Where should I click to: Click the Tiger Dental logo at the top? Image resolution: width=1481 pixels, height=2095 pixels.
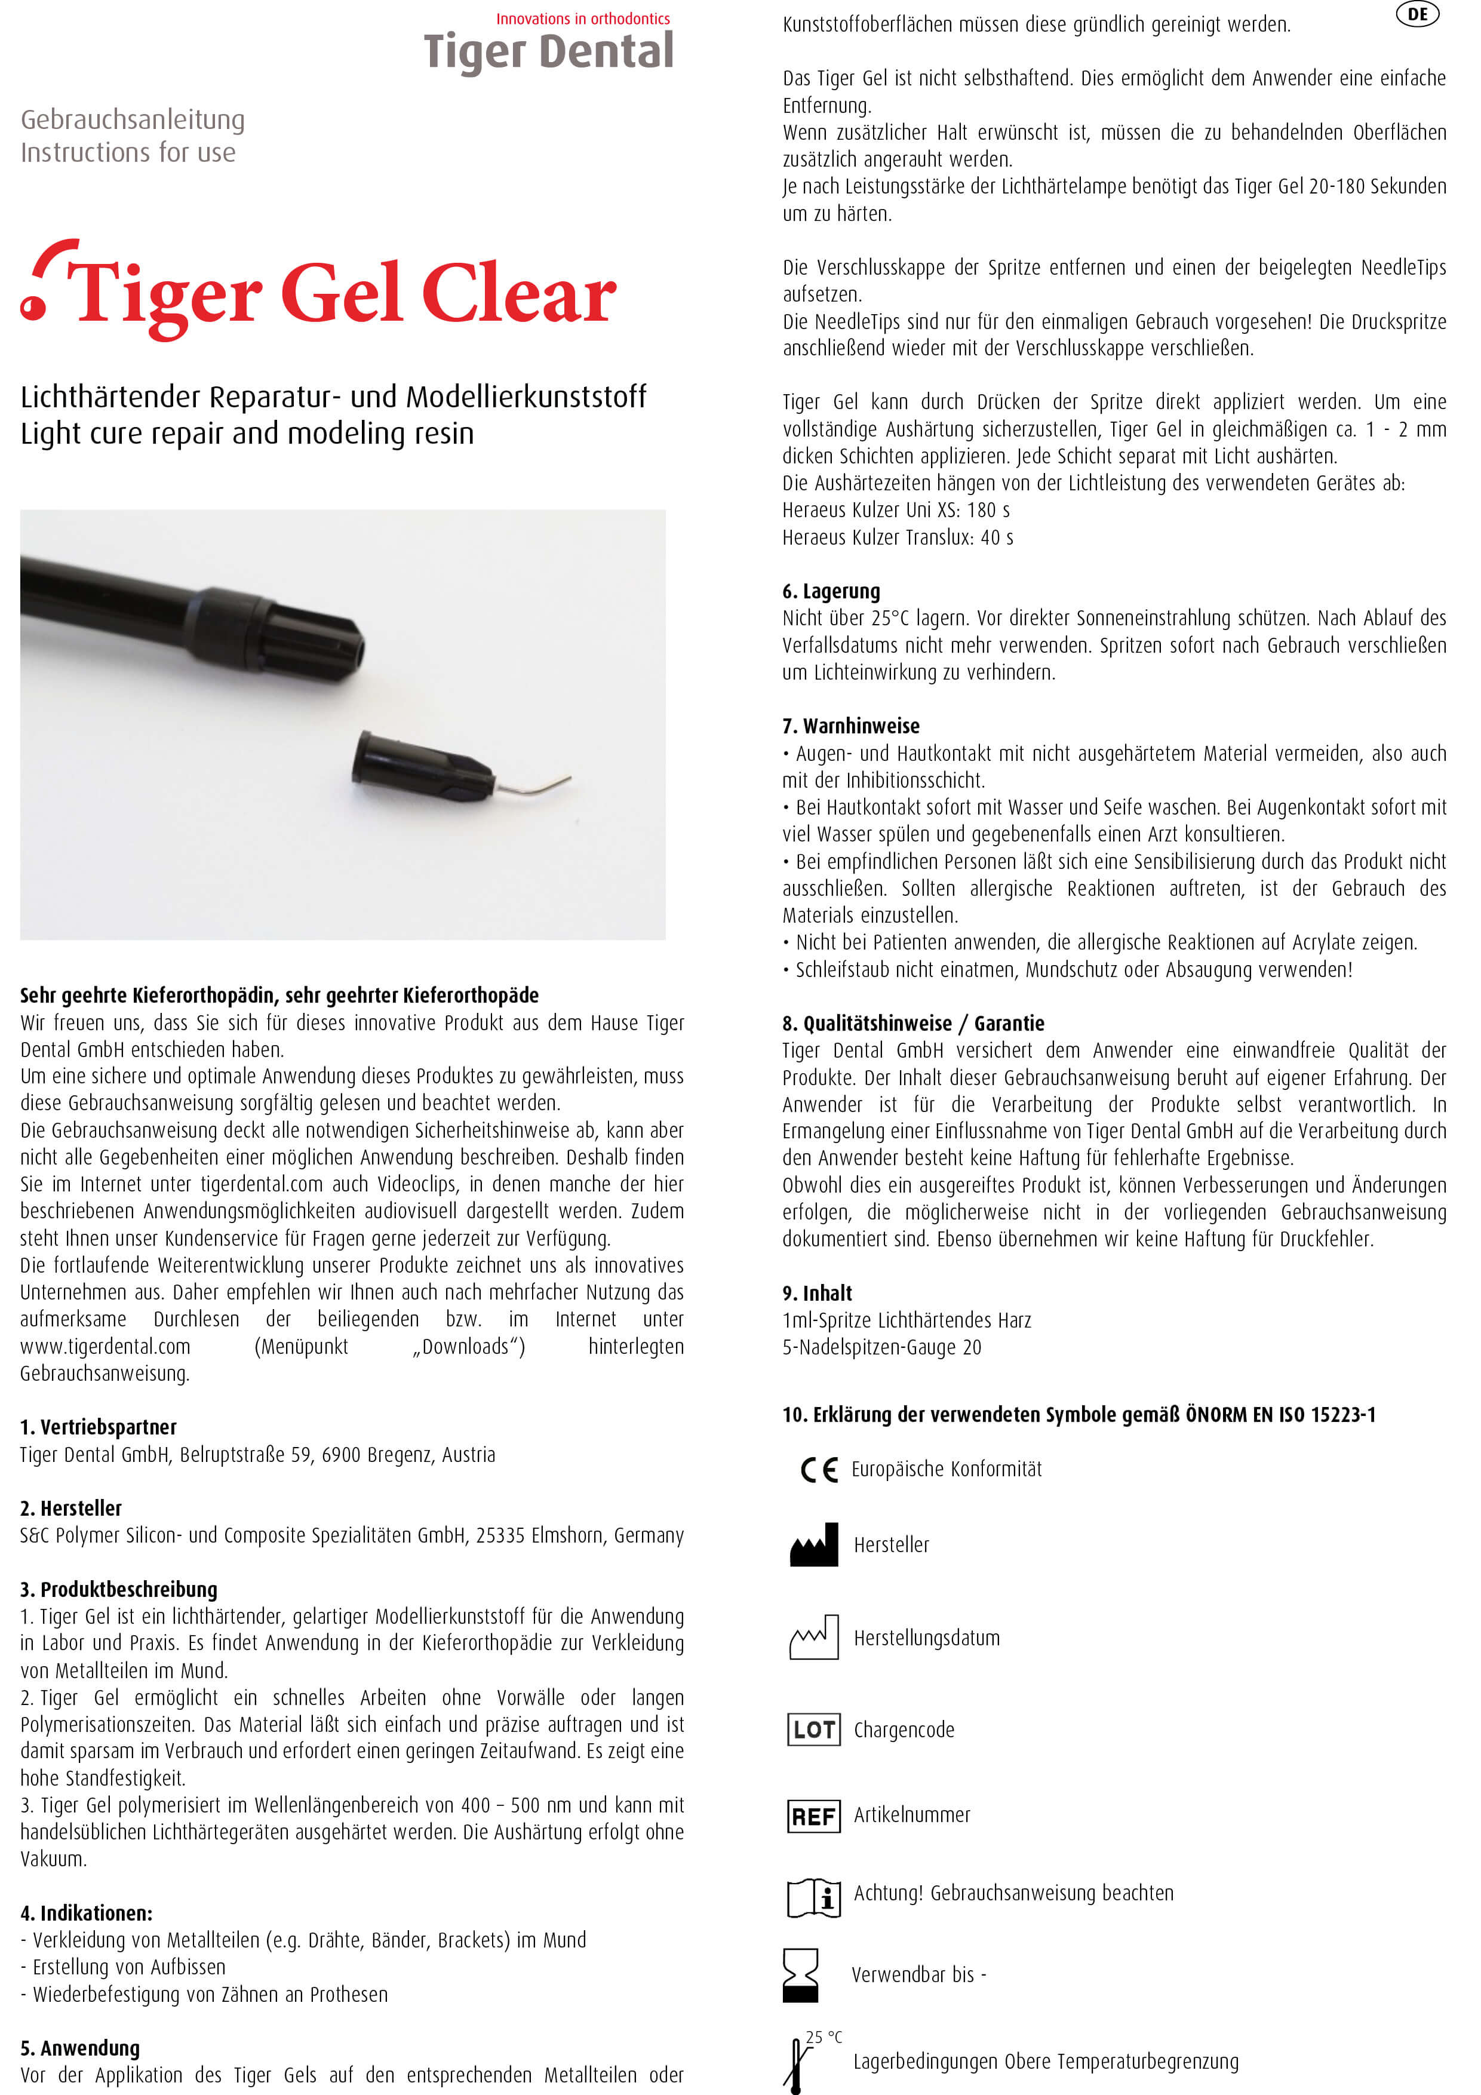tap(548, 51)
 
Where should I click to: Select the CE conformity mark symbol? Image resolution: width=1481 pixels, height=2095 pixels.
tap(819, 1470)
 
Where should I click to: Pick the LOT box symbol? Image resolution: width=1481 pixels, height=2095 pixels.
tap(813, 1729)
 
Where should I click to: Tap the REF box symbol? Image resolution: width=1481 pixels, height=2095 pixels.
tap(813, 1816)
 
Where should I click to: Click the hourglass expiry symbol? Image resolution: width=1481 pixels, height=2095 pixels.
tap(800, 1976)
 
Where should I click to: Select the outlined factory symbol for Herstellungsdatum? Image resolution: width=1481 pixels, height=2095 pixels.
tap(813, 1638)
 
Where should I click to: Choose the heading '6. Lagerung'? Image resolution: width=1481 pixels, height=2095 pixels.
tap(831, 591)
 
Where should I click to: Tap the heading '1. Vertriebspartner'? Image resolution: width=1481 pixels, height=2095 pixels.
tap(99, 1427)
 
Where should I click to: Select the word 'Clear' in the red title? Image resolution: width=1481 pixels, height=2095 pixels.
tap(518, 294)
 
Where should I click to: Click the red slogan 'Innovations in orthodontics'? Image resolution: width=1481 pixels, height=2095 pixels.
tap(582, 19)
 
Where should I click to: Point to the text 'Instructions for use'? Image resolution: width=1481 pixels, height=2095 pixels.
tap(128, 152)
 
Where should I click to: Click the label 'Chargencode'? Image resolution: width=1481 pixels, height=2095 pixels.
tap(904, 1730)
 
